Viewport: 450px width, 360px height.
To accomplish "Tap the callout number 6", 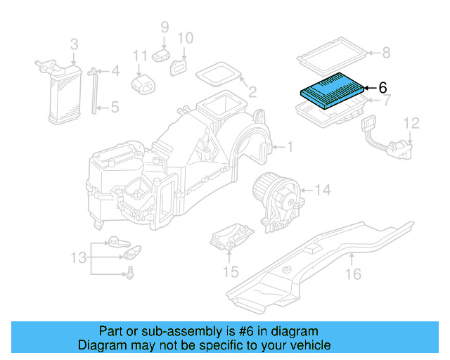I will coord(382,88).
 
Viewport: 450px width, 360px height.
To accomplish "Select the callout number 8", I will coord(385,51).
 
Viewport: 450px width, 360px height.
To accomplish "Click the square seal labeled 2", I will coord(219,74).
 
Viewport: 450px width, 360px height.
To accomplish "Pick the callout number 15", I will coord(231,271).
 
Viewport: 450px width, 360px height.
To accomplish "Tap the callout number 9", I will coord(165,27).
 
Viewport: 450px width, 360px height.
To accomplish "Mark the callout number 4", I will coord(115,71).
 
